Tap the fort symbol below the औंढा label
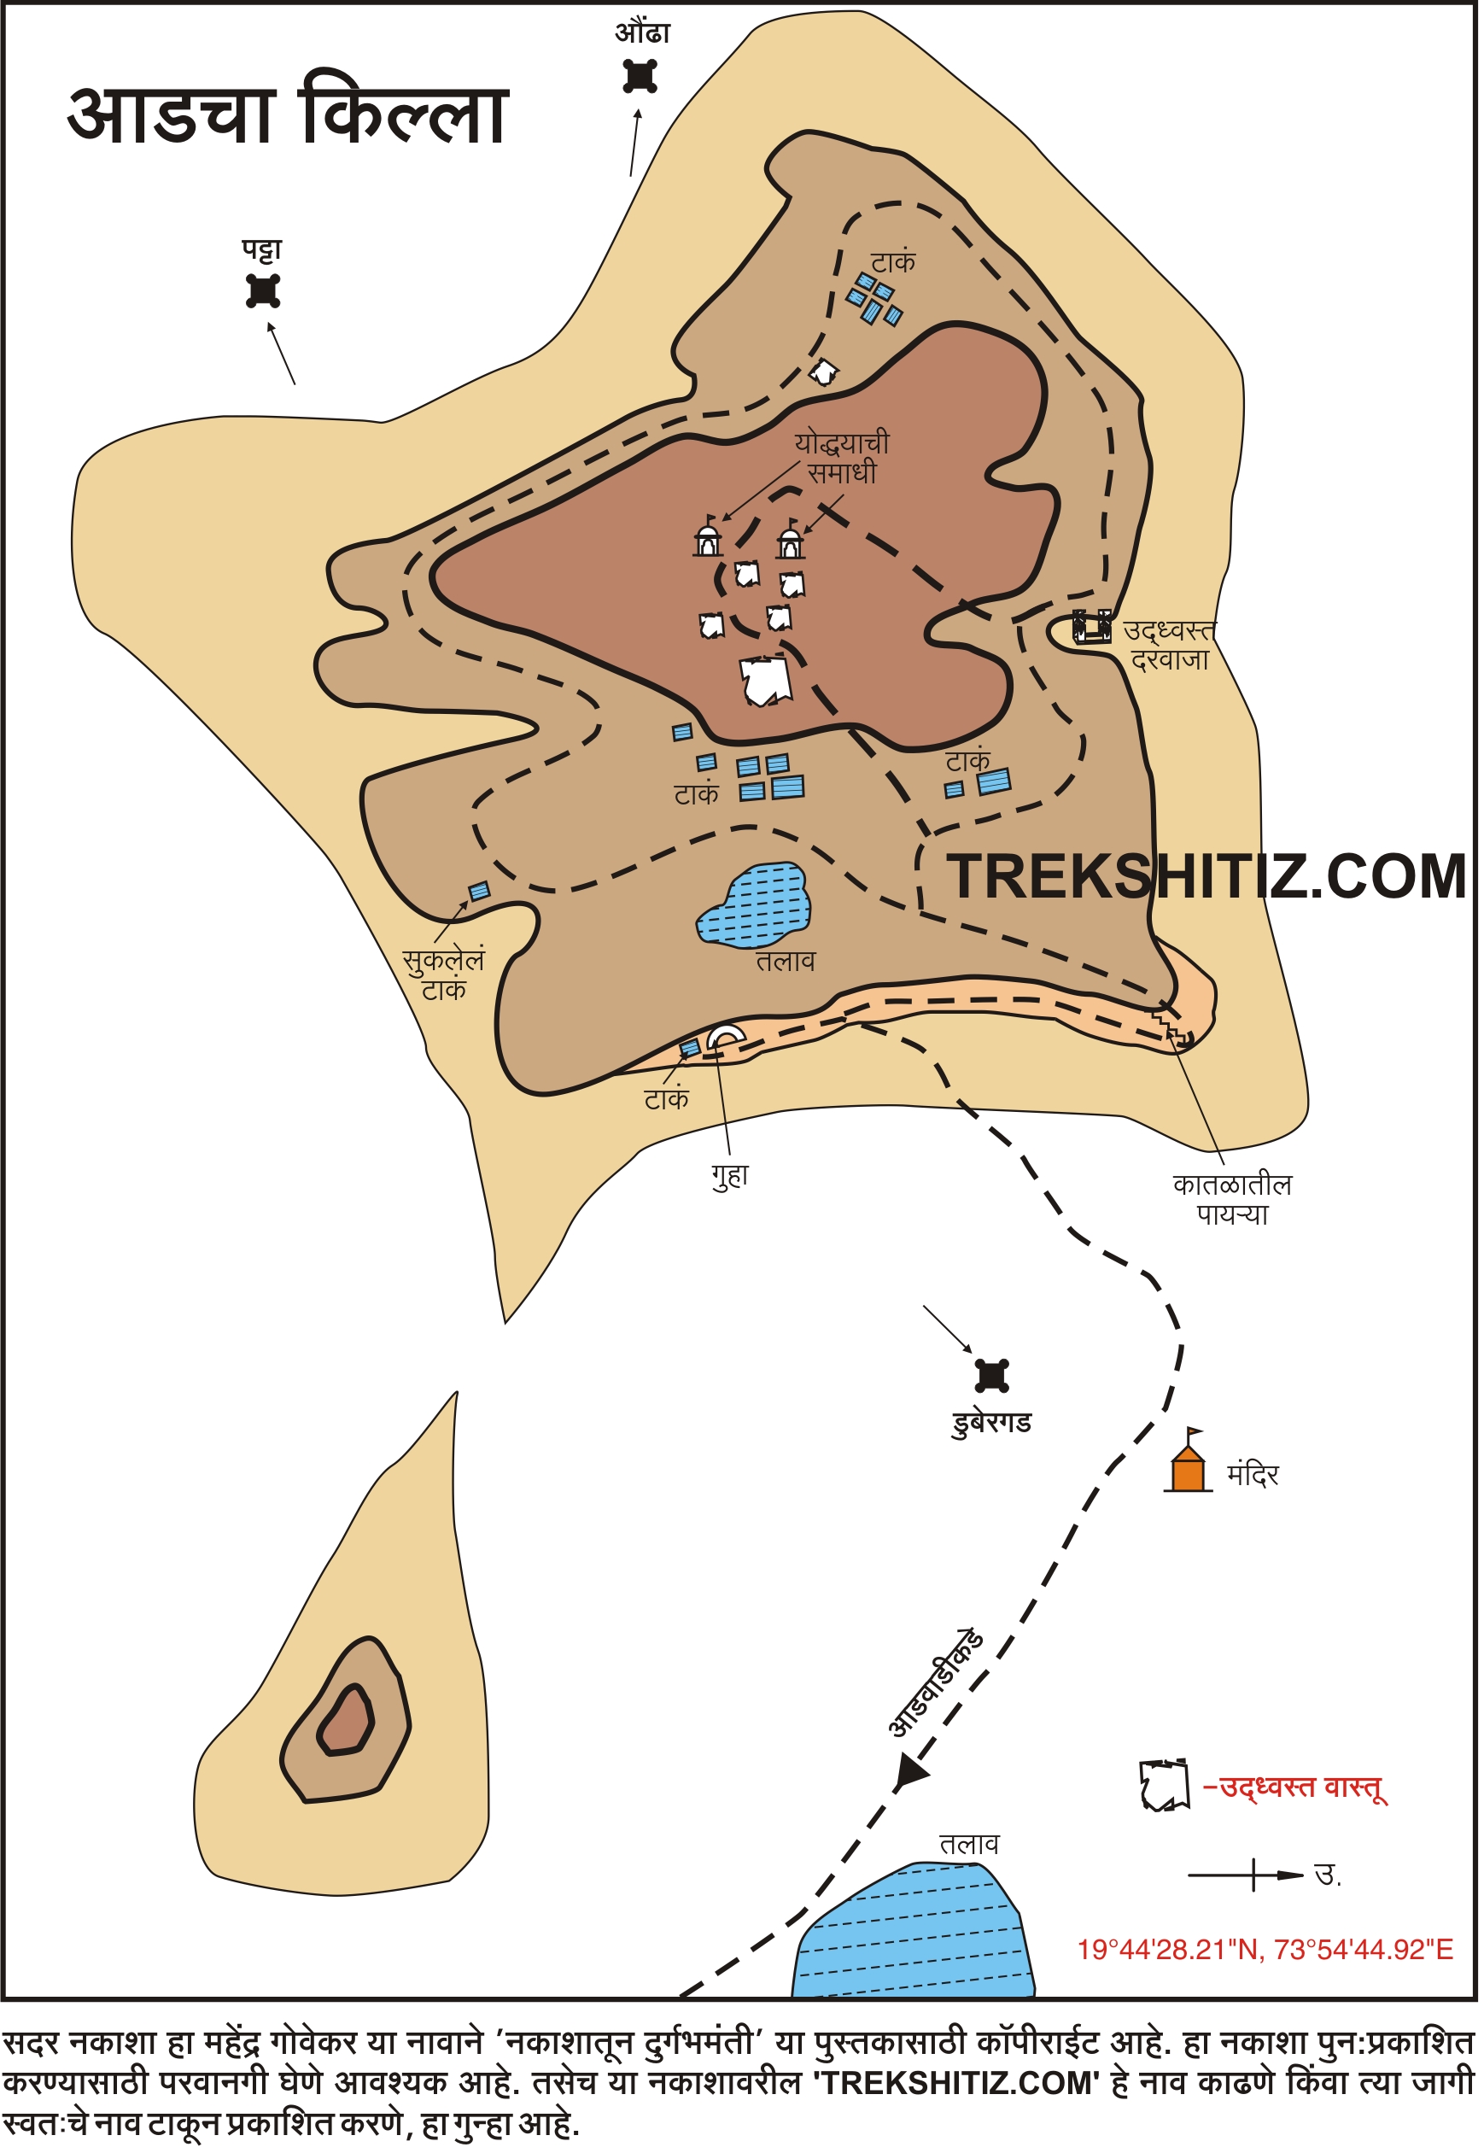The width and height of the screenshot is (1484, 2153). pyautogui.click(x=640, y=75)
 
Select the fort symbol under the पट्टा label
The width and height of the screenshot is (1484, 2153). pyautogui.click(x=263, y=291)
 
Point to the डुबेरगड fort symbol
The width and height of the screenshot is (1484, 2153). pyautogui.click(x=993, y=1376)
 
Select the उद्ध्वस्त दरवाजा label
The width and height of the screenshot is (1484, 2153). pyautogui.click(x=1170, y=646)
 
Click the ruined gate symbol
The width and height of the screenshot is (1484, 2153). pyautogui.click(x=1093, y=626)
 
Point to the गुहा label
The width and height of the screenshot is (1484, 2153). pyautogui.click(x=731, y=1174)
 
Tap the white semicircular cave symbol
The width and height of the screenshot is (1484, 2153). pyautogui.click(x=726, y=1035)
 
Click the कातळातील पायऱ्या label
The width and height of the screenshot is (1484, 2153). pyautogui.click(x=1233, y=1200)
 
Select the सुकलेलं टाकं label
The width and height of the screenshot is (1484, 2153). pyautogui.click(x=443, y=974)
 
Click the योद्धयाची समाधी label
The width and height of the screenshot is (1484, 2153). pyautogui.click(x=843, y=458)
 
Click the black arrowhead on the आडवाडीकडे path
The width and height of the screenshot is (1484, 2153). pyautogui.click(x=910, y=1773)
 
